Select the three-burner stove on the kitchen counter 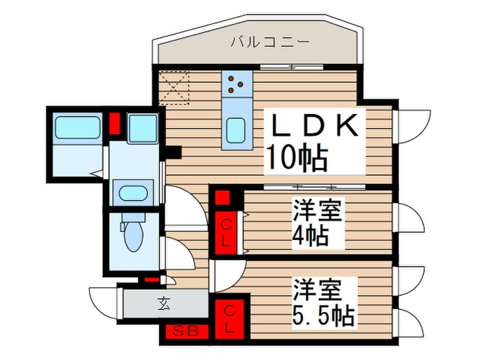[237, 84]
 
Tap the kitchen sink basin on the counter [237, 129]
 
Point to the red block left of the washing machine [115, 125]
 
